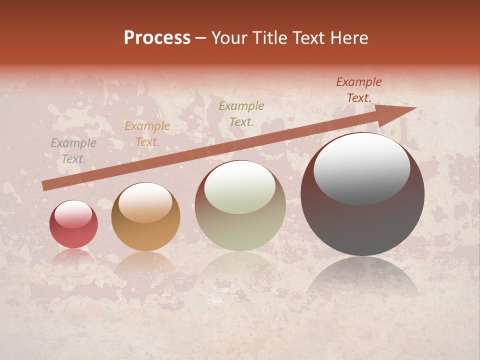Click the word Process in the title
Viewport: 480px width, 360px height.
(x=157, y=38)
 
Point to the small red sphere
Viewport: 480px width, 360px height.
(x=73, y=224)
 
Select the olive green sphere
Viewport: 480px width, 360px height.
(x=240, y=206)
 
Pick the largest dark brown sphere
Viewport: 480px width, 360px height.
(x=362, y=194)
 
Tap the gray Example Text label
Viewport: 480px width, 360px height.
(x=73, y=151)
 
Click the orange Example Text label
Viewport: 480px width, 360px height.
(x=147, y=134)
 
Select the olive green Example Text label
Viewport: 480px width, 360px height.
(x=241, y=113)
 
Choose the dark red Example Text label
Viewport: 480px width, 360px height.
(x=358, y=90)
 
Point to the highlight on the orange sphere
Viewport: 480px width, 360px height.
(x=145, y=202)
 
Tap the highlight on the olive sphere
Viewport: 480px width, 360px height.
(x=240, y=188)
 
